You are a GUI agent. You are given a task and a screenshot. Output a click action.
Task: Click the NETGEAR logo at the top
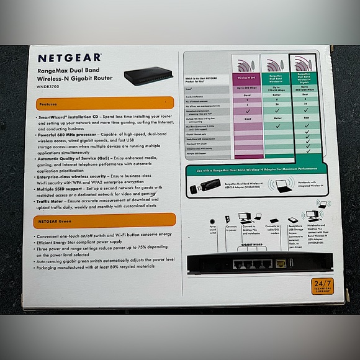(x=69, y=58)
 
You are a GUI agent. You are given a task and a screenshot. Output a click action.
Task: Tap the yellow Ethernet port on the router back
(x=281, y=264)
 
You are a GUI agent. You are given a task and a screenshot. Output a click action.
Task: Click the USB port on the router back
(x=290, y=263)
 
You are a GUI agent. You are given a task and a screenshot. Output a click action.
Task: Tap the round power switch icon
(x=213, y=221)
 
